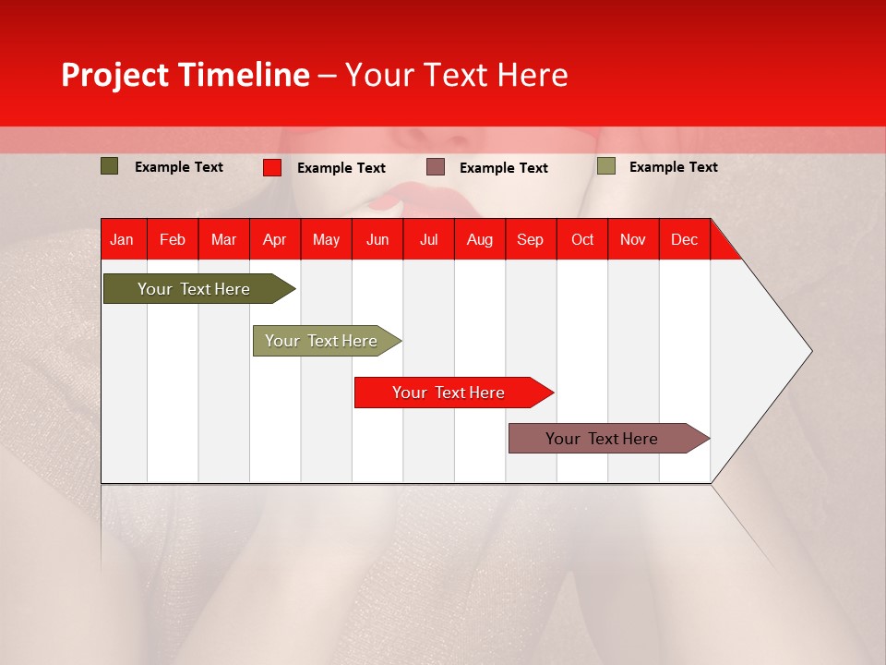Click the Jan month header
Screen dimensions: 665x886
tap(122, 239)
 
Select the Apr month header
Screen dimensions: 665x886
tap(274, 239)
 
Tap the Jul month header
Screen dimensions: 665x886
tap(428, 239)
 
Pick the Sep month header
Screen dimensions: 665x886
tap(530, 239)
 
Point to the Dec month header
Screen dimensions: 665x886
tap(684, 239)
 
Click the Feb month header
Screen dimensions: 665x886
tap(173, 239)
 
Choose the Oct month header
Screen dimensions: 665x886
tap(582, 239)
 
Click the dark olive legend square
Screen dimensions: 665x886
tap(109, 166)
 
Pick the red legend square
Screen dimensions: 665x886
tap(271, 167)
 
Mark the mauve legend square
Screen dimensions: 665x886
tap(436, 167)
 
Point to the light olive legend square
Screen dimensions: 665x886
tap(605, 166)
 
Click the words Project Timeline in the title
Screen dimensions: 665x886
tap(186, 75)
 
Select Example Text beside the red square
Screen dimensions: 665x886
tap(341, 168)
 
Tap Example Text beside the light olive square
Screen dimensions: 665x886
tap(673, 167)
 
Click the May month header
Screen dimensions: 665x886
tap(326, 239)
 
